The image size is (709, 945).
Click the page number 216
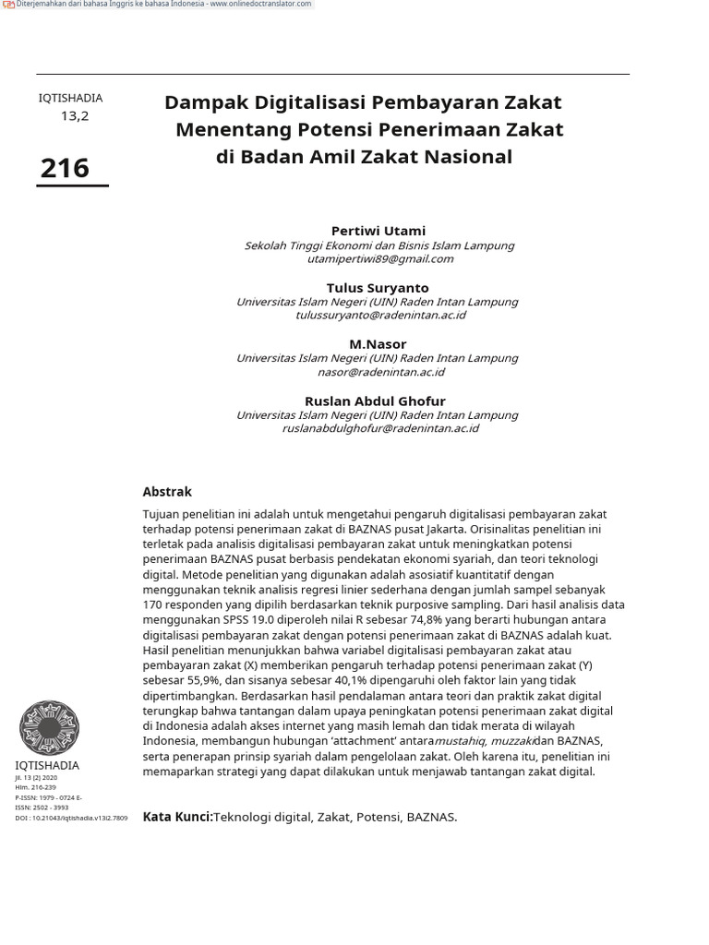[65, 168]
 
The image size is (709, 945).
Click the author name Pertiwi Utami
[379, 231]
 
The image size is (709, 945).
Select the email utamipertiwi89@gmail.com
[379, 259]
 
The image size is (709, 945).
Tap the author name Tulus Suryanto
[378, 288]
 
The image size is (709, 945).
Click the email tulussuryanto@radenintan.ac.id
[379, 316]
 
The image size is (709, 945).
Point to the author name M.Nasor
[378, 344]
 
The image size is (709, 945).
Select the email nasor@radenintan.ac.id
[380, 372]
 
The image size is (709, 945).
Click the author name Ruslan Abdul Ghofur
[375, 401]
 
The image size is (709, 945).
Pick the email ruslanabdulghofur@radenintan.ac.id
[379, 429]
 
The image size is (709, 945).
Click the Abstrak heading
[167, 492]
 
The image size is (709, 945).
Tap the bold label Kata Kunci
[177, 817]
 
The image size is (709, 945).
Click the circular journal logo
[49, 727]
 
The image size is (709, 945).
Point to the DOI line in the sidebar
[71, 818]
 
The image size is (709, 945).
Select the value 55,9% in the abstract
[198, 681]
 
